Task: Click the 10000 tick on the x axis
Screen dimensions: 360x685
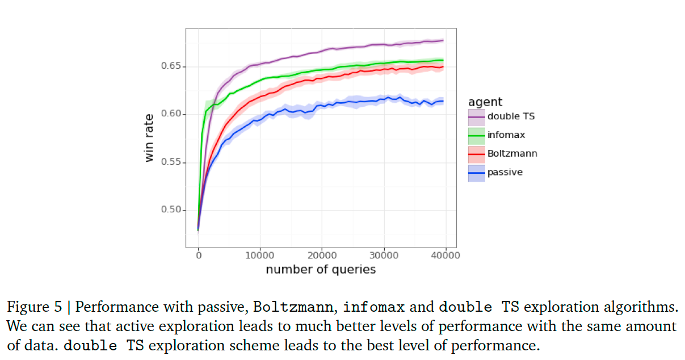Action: coord(260,256)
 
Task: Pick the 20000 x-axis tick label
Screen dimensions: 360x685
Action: coord(322,256)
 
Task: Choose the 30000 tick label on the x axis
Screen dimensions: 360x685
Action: coord(384,256)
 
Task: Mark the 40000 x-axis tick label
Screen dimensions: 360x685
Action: coord(445,256)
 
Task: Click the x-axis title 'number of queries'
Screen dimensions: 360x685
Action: coord(321,270)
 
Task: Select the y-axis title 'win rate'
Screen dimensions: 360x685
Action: coord(149,139)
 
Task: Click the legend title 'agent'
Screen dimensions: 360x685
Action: coord(485,102)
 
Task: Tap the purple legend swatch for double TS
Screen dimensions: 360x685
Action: coord(476,117)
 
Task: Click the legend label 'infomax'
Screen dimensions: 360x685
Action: coord(506,135)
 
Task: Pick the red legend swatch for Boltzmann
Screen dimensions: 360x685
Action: coord(476,154)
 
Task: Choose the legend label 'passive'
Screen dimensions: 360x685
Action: coord(505,172)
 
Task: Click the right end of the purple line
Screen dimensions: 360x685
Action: coord(443,41)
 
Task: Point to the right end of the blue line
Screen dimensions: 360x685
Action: coord(443,102)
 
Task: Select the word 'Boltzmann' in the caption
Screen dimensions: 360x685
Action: coord(292,308)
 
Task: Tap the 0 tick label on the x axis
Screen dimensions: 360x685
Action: coord(199,256)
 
